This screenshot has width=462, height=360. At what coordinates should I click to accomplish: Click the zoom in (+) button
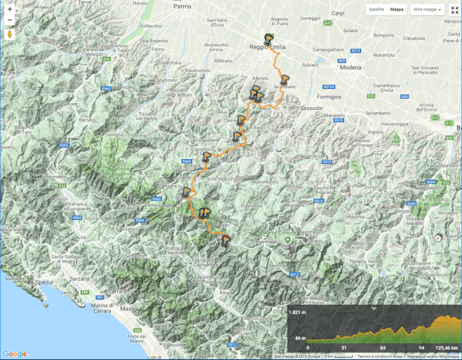click(x=10, y=9)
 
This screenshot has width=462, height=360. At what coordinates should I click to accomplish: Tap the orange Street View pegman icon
click(x=10, y=33)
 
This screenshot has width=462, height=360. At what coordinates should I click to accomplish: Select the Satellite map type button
click(x=376, y=10)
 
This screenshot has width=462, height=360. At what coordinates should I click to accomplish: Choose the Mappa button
click(x=397, y=10)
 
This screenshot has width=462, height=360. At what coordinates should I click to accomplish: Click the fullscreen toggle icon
click(x=454, y=10)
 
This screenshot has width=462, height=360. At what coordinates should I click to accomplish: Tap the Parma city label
click(x=182, y=6)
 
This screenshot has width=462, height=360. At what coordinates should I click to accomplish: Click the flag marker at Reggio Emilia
click(x=269, y=38)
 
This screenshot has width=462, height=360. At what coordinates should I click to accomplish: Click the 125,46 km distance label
click(x=445, y=347)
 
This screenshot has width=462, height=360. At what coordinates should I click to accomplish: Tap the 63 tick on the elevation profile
click(x=382, y=347)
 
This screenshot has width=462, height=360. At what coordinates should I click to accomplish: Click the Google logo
click(x=15, y=354)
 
